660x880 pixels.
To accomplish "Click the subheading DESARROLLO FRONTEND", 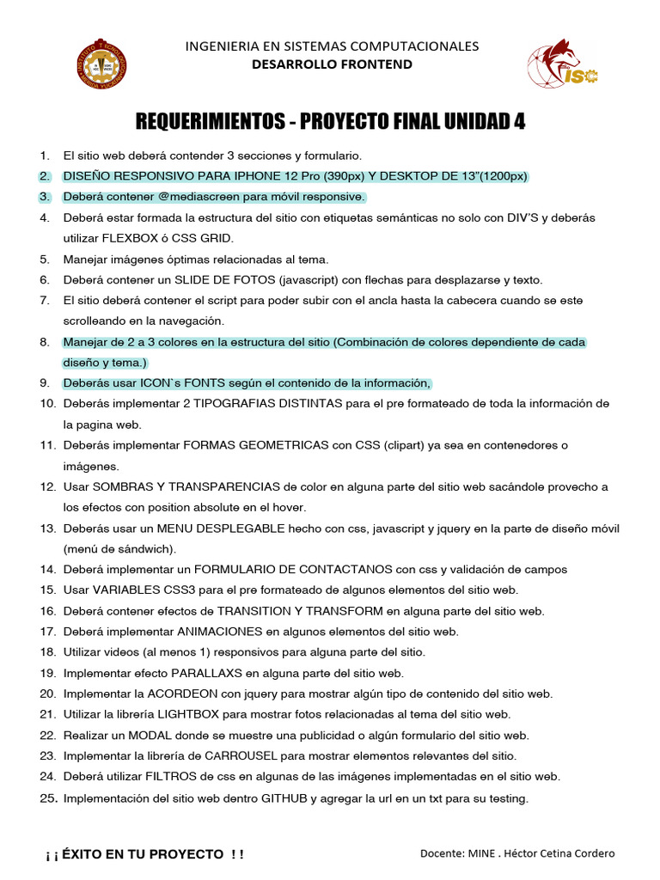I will click(x=332, y=64).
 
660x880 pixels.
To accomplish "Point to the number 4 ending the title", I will click(x=519, y=122).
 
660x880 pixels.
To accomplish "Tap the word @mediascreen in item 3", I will click(x=177, y=197).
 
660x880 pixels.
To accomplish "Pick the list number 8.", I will click(x=45, y=342).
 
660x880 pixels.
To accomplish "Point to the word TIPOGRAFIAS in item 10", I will click(x=233, y=404).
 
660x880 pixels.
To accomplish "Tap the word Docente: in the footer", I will click(x=442, y=854).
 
